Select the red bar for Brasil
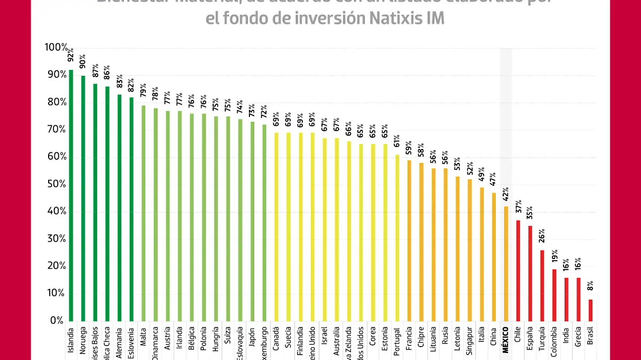click(590, 310)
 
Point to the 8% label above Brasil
click(590, 287)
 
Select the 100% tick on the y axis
click(56, 48)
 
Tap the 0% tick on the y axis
click(57, 320)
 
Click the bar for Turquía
click(542, 285)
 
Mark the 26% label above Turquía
click(542, 235)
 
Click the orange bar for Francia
click(409, 240)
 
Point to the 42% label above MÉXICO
click(506, 192)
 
